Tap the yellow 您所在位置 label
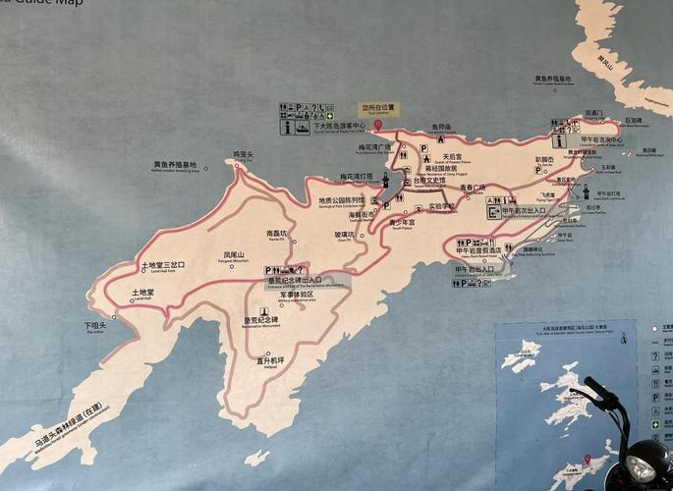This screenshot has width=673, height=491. pos(376,106)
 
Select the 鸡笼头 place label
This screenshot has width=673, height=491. pos(244,154)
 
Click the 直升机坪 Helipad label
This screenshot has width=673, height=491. pos(270,360)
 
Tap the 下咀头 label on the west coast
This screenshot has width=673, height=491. pos(94,325)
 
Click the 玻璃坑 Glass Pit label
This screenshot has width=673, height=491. pos(344,235)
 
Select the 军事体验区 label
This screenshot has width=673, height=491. pos(296,294)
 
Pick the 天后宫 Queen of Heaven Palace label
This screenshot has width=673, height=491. pos(452,156)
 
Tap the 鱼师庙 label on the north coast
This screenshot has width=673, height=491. pos(441,127)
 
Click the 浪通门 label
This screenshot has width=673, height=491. pos(593,113)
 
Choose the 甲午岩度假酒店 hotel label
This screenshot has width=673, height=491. pos(478,250)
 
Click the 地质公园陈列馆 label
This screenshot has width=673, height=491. pos(342,198)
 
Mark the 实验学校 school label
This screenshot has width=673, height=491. pos(442,206)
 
